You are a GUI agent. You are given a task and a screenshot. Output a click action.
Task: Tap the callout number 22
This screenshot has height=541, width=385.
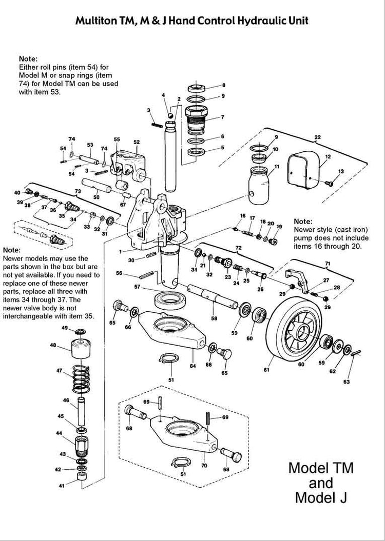(318, 137)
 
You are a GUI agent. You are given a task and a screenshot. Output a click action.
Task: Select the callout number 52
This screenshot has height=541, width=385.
(137, 142)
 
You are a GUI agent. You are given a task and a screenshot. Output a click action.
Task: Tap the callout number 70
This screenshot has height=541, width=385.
(204, 466)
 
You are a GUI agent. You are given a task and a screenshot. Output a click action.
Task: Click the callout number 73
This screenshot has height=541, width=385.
(78, 190)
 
